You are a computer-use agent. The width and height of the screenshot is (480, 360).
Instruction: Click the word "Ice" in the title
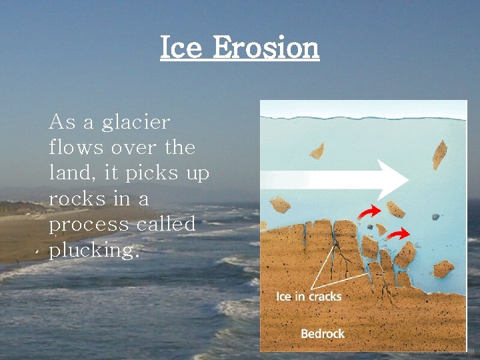click(181, 48)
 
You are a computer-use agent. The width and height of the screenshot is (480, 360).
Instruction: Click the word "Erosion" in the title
click(265, 48)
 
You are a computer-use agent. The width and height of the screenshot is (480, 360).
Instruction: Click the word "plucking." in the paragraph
click(94, 251)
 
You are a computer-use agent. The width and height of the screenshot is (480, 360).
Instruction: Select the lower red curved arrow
click(398, 234)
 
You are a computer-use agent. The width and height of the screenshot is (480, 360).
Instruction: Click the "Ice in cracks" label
click(309, 296)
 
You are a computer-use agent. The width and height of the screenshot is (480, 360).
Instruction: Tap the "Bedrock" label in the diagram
click(323, 333)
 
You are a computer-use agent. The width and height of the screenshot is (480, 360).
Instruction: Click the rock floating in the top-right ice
click(440, 155)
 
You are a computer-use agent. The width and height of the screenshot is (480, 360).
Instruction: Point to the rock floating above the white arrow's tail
click(317, 151)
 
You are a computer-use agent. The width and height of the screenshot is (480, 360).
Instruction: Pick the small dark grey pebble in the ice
click(435, 217)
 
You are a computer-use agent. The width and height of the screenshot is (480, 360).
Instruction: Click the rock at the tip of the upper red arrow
click(396, 209)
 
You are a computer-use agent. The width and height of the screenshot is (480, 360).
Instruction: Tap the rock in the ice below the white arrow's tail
click(281, 205)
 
